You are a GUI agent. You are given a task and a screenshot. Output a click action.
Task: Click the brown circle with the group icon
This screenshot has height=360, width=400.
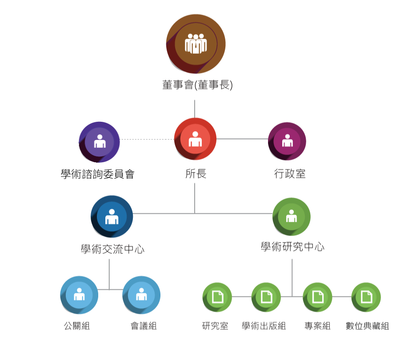coord(196,44)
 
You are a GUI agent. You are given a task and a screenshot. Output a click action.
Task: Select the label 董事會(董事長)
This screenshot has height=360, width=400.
coord(197,84)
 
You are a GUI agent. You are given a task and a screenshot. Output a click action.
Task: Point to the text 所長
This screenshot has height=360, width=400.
coord(196,174)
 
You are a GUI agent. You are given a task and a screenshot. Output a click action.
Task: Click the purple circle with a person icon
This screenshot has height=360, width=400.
coord(99,142)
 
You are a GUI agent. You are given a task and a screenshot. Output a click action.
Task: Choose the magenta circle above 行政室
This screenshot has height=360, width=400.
coord(287,141)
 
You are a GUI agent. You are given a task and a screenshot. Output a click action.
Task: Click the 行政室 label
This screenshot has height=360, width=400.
coord(289,173)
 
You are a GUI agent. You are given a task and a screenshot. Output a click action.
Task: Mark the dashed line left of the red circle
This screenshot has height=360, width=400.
coord(147,139)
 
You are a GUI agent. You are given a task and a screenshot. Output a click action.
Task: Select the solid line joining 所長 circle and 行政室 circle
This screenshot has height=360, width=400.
coord(242,139)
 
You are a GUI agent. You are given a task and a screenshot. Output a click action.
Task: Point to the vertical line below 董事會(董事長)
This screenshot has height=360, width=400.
coord(195,108)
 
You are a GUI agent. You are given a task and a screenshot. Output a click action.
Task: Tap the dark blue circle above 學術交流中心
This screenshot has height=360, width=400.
coord(112,216)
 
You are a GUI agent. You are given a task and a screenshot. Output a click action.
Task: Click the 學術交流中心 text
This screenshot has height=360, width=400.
coord(112,249)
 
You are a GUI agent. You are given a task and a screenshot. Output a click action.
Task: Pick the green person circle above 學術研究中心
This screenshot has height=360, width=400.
coord(291,216)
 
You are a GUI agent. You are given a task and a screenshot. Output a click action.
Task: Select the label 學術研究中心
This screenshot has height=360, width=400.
coord(292,247)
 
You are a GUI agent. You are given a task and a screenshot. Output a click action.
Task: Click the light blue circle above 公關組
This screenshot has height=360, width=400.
coord(79,295)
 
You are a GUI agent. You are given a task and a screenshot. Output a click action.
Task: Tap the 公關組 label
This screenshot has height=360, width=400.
coord(76,326)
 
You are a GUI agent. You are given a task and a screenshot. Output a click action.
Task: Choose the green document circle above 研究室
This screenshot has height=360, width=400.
coord(217,297)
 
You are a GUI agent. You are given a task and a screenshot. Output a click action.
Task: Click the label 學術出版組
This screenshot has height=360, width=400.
coord(264,326)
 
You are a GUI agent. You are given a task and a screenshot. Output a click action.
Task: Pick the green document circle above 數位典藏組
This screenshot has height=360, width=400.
coord(366,297)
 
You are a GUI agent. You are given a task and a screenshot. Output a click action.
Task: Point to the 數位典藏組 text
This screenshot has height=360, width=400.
coord(367,326)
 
